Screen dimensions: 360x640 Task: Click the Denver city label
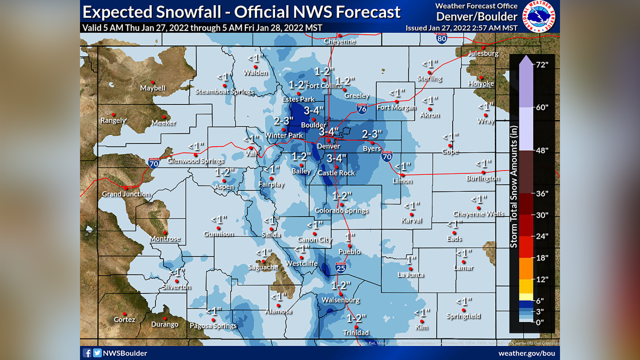328,146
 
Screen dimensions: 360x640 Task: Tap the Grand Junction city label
125,194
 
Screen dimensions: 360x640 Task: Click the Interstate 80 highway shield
441,38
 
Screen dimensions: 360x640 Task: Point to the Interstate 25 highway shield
340,268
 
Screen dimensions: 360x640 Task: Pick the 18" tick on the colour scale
542,258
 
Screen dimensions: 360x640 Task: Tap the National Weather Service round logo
539,16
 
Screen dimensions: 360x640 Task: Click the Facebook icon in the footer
87,353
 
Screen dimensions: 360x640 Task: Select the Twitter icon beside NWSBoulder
97,353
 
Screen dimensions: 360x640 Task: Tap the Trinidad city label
355,333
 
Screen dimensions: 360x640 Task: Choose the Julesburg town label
483,53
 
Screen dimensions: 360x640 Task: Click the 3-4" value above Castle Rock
336,158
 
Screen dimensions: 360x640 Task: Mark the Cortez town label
124,319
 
